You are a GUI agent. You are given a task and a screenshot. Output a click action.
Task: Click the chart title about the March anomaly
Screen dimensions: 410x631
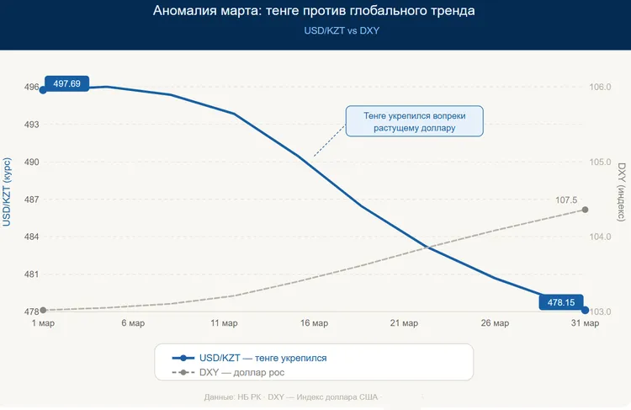coord(315,12)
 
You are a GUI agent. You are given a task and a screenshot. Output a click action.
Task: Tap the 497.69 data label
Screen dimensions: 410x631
coord(66,83)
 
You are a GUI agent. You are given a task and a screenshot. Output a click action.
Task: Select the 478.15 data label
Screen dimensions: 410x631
coord(560,302)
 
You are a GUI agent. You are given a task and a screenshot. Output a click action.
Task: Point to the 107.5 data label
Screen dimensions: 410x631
coord(566,200)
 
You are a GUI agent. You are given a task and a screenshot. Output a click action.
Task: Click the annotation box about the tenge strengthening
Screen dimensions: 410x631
coord(414,121)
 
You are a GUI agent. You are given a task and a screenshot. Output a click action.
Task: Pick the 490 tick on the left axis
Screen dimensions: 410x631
coord(19,162)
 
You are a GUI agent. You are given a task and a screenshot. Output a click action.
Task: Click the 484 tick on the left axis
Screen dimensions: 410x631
coord(19,237)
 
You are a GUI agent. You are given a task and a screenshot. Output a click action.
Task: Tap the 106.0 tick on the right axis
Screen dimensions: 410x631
coord(600,87)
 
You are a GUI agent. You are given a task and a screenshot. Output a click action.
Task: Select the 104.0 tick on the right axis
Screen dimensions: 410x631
coord(600,237)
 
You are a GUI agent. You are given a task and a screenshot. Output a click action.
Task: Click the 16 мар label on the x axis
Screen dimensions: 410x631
coord(313,323)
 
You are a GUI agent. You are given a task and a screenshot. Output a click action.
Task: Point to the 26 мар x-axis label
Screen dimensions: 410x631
coord(495,323)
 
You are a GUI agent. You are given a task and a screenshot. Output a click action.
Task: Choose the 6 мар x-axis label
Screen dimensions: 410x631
coord(132,323)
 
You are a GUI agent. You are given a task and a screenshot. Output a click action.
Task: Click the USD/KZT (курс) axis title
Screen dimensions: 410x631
coord(7,191)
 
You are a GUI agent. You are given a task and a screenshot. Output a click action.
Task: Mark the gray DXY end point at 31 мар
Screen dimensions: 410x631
coord(585,210)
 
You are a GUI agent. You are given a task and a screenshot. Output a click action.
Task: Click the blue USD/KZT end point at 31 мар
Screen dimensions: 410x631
coord(585,310)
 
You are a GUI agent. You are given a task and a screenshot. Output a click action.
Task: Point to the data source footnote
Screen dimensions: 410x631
coord(291,396)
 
